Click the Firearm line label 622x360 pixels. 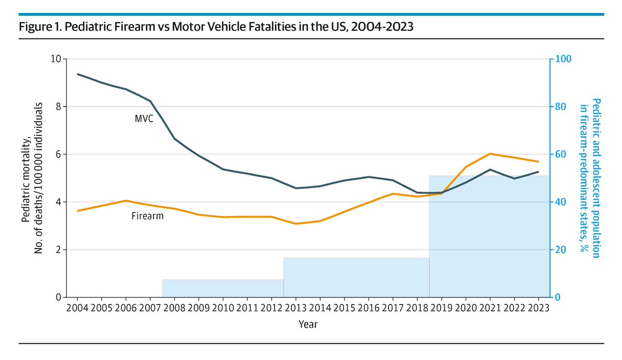click(147, 215)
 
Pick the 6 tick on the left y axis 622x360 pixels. click(57, 154)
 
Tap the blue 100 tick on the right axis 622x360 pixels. click(561, 59)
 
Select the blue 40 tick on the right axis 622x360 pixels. click(559, 202)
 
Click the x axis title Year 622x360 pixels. click(308, 325)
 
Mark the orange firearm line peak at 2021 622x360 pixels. click(490, 154)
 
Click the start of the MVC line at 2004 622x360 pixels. click(78, 74)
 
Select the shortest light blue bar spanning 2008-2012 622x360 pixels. click(223, 289)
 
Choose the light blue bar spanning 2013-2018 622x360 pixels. click(356, 278)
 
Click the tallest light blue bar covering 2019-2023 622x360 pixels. click(489, 243)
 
